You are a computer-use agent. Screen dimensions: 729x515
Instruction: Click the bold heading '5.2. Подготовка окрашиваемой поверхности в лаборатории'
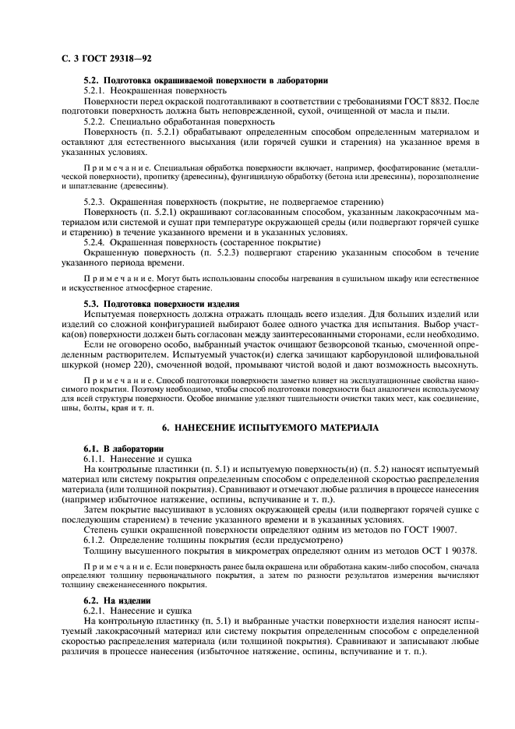(205, 80)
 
